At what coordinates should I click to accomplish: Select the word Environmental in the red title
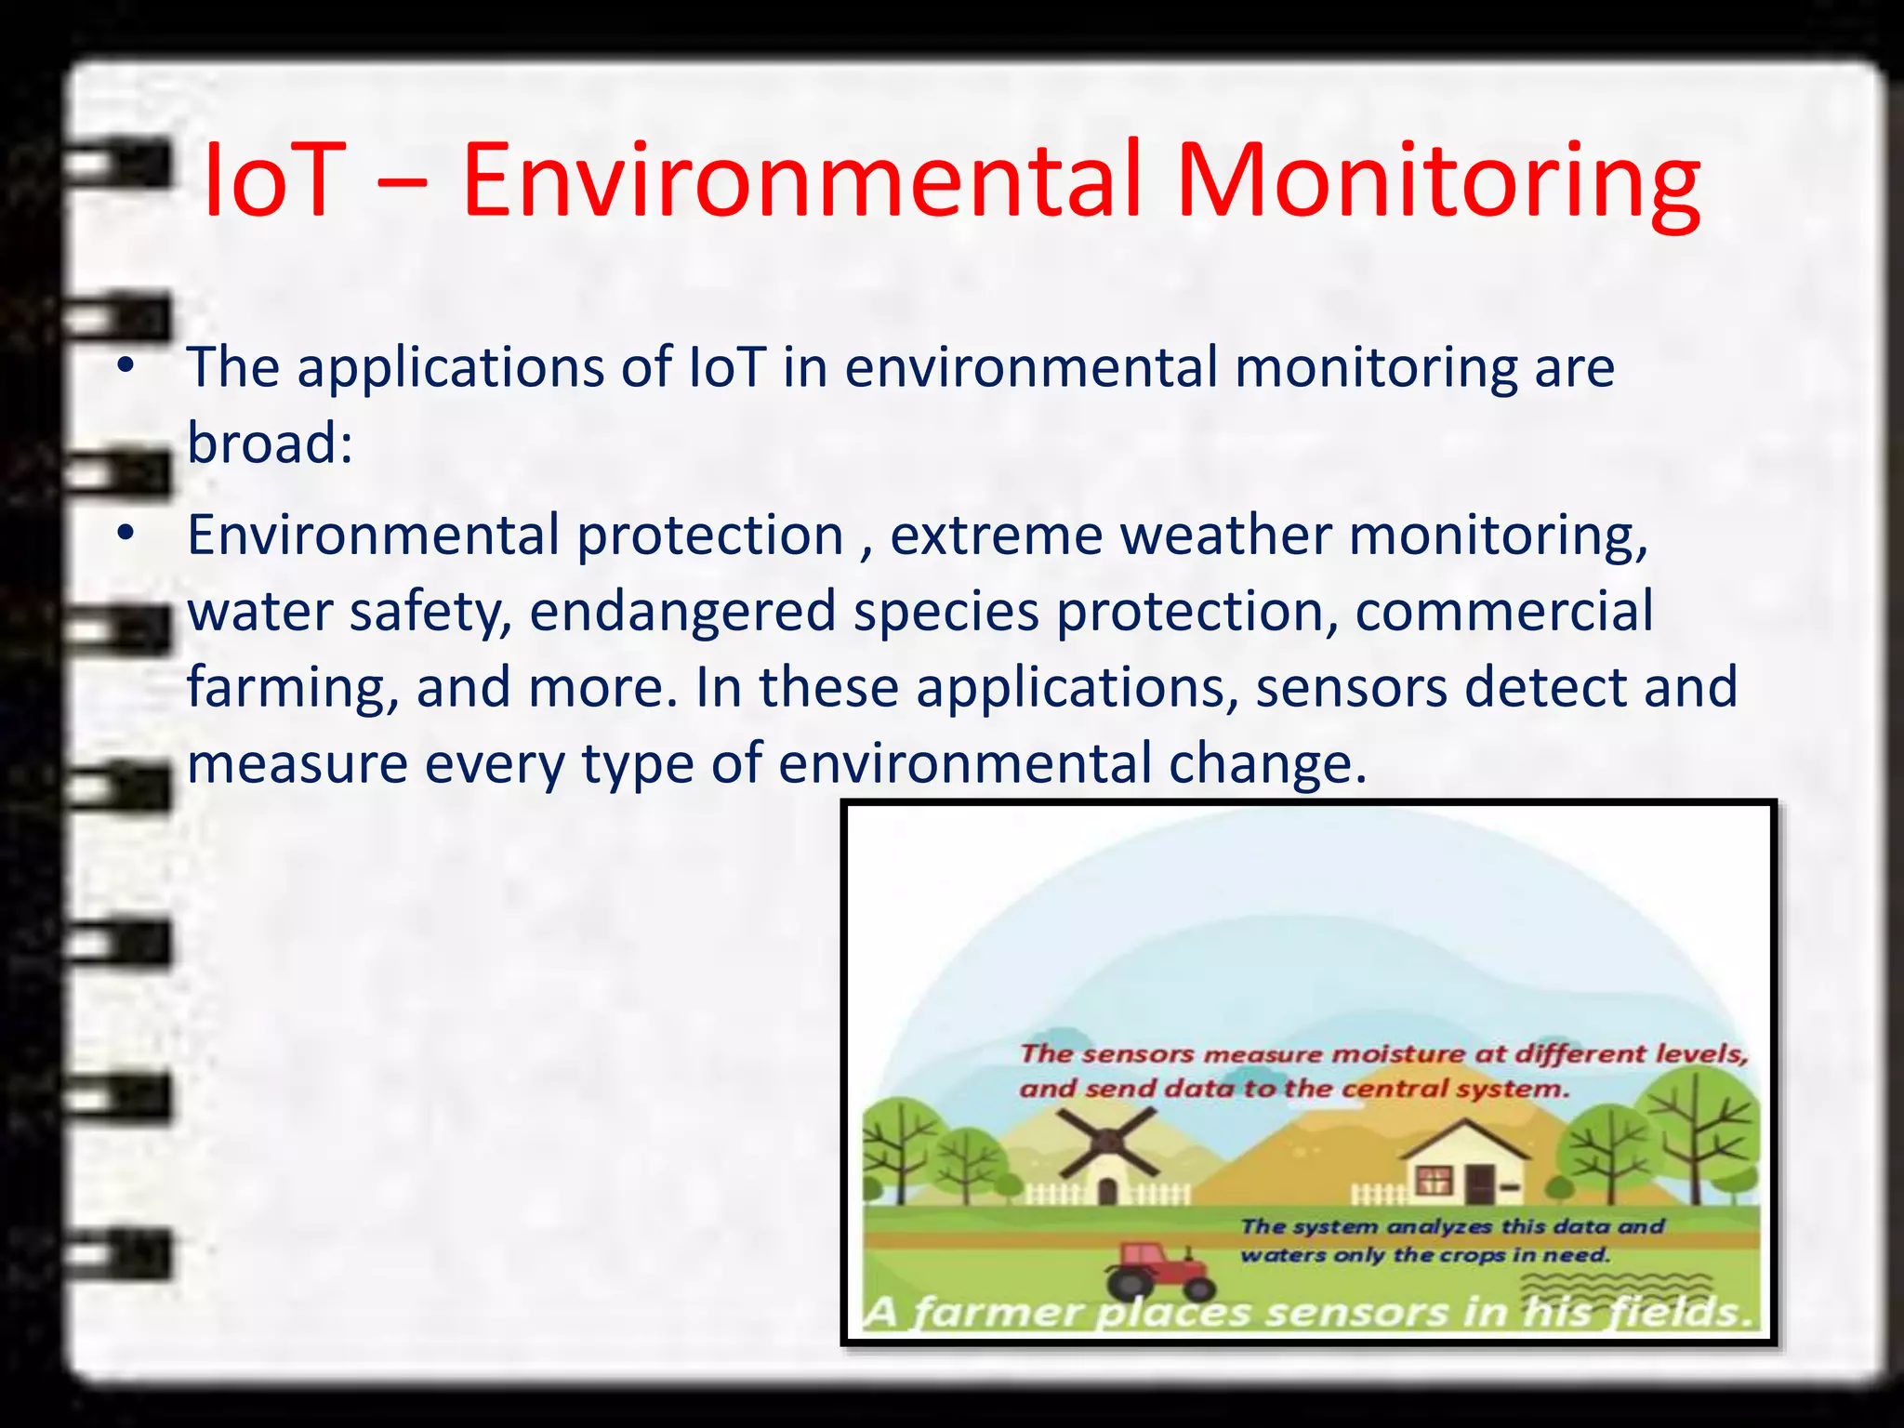click(800, 181)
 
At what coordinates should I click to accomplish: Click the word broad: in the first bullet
click(270, 443)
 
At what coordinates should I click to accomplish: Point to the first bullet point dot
click(126, 366)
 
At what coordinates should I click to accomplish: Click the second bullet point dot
click(126, 535)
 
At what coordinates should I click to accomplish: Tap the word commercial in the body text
click(1503, 612)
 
